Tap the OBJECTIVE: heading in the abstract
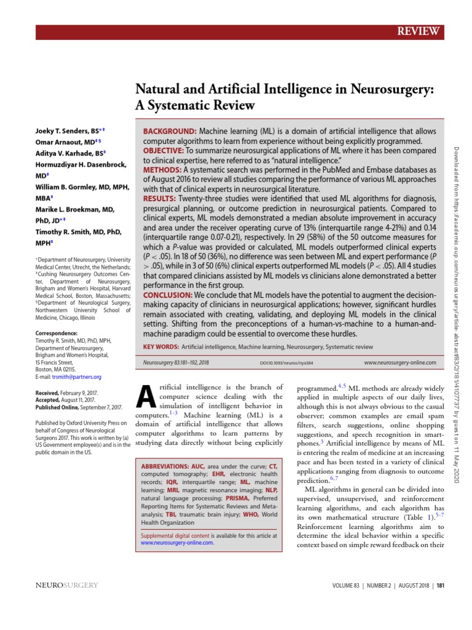pos(163,151)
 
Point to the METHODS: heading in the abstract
pos(162,170)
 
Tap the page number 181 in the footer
pos(440,585)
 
